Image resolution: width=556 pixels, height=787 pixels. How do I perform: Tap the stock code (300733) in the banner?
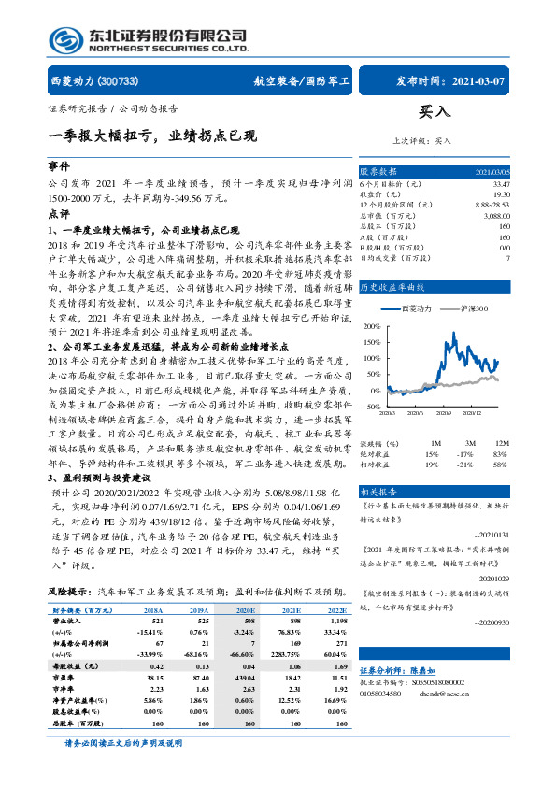coord(119,82)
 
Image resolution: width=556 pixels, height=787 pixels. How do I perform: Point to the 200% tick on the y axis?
coord(372,326)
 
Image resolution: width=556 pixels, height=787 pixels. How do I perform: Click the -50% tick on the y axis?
coord(373,407)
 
